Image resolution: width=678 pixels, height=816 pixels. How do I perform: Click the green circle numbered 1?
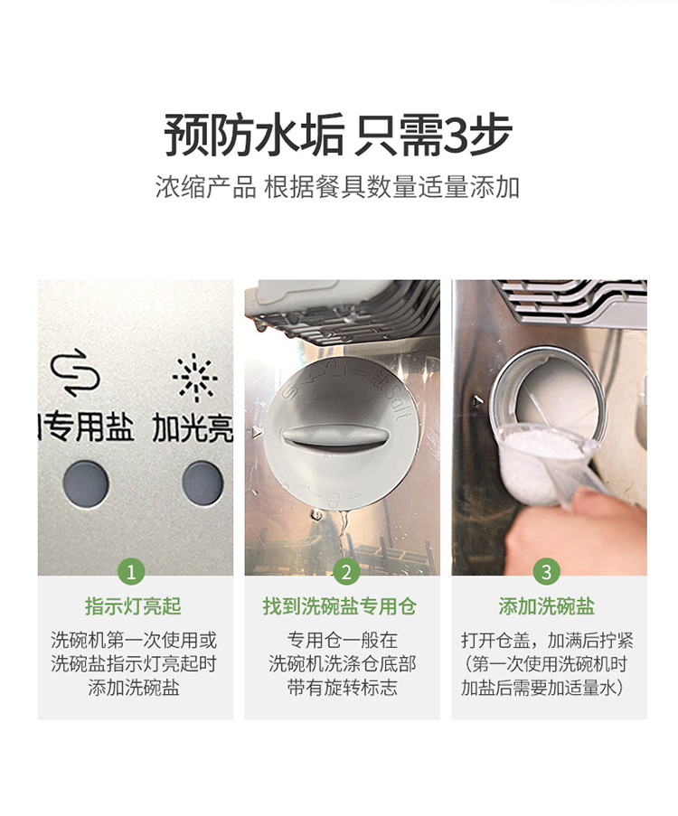tap(131, 572)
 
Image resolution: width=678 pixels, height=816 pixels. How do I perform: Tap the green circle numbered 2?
tap(346, 572)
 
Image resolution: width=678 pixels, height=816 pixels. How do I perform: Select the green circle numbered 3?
tap(546, 572)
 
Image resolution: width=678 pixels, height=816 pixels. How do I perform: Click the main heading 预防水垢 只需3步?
tap(338, 135)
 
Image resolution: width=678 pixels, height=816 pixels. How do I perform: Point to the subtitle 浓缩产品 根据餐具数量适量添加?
tap(338, 187)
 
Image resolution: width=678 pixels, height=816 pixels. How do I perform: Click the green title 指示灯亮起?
tap(133, 606)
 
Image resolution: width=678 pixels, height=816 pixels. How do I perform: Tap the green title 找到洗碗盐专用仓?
tap(340, 606)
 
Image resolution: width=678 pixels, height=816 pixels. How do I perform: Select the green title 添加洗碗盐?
tap(546, 606)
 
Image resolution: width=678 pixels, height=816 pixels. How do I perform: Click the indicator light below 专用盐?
tap(86, 483)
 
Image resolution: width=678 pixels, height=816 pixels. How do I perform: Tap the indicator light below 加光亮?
tap(203, 483)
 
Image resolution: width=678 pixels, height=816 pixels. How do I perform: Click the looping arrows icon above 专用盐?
tap(75, 372)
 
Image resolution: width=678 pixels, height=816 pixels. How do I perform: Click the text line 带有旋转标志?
tap(342, 688)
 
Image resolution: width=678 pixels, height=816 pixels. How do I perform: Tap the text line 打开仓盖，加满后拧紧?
tap(547, 640)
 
